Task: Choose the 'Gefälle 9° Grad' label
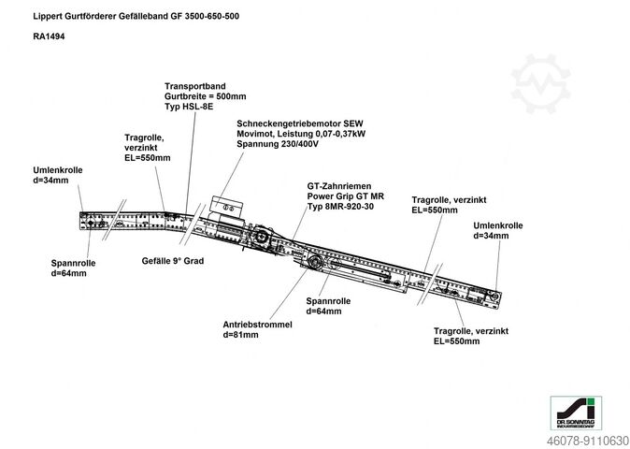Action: click(x=172, y=261)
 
